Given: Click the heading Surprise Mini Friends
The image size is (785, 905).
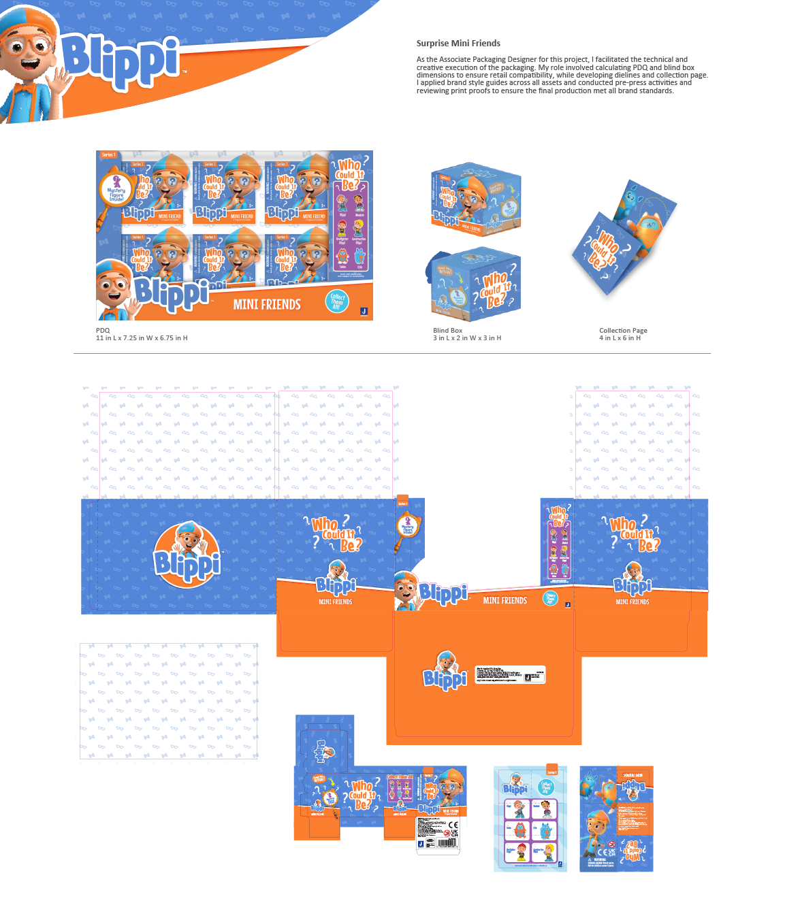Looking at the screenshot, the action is pyautogui.click(x=458, y=43).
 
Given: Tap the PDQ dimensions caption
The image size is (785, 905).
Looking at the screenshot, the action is pyautogui.click(x=141, y=338).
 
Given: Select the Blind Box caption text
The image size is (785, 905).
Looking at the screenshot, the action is pyautogui.click(x=447, y=331).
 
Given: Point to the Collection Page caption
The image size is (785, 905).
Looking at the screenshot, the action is pyautogui.click(x=623, y=331).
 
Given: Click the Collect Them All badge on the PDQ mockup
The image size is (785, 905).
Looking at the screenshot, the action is pyautogui.click(x=337, y=301).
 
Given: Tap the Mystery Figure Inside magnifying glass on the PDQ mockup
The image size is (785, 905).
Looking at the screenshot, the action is pyautogui.click(x=116, y=190).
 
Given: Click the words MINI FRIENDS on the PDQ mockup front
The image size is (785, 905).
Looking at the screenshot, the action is pyautogui.click(x=266, y=305).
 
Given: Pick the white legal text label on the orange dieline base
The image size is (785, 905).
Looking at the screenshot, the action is pyautogui.click(x=511, y=674).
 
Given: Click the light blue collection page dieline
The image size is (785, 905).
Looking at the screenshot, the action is pyautogui.click(x=530, y=819).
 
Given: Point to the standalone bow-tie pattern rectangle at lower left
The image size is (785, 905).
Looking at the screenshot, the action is pyautogui.click(x=168, y=701).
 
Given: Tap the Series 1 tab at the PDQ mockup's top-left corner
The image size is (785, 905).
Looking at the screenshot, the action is pyautogui.click(x=108, y=155).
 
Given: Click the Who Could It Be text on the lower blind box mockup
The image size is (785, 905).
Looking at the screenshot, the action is pyautogui.click(x=495, y=289).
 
